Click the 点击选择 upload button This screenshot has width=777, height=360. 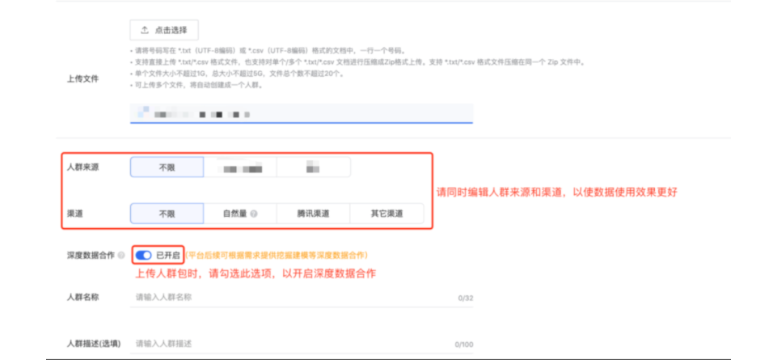pos(164,30)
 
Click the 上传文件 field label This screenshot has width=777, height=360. pos(82,78)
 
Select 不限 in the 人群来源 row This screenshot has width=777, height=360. pos(167,167)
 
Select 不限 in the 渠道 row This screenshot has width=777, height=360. pos(167,214)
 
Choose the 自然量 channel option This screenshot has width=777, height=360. pos(240,214)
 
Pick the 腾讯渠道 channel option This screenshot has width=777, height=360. pos(313,214)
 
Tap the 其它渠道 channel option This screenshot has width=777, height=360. pos(386,214)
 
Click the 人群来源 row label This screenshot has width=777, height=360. pos(82,167)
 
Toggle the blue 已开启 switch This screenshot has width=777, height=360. pos(144,256)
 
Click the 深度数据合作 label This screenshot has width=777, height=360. pos(91,256)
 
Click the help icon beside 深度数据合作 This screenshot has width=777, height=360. pos(121,256)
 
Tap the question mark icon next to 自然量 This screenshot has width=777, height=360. pos(254,214)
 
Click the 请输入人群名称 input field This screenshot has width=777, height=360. pos(291,297)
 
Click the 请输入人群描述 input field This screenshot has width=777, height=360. pos(291,343)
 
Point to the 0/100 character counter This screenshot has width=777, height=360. pos(463,345)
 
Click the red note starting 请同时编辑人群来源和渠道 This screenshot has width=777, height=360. pos(556,193)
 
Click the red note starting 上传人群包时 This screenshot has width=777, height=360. pos(255,273)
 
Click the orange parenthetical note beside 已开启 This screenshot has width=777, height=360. pos(277,256)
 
